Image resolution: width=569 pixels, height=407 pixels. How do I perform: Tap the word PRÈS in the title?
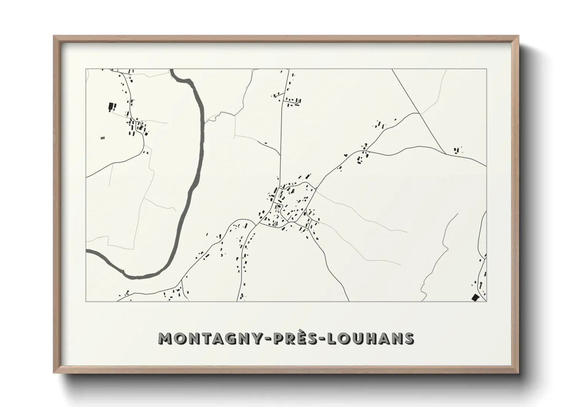click(x=292, y=339)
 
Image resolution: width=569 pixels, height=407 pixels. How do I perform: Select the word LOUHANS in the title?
click(x=370, y=339)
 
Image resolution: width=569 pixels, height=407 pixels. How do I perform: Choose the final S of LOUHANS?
click(x=409, y=339)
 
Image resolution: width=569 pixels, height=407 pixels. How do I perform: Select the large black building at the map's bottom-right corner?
click(x=476, y=297)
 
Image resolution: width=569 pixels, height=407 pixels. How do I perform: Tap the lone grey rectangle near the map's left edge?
click(x=102, y=137)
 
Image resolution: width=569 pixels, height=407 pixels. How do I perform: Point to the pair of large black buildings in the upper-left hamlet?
click(x=112, y=107)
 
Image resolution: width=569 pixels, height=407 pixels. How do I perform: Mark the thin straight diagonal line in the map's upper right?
click(x=419, y=112)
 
